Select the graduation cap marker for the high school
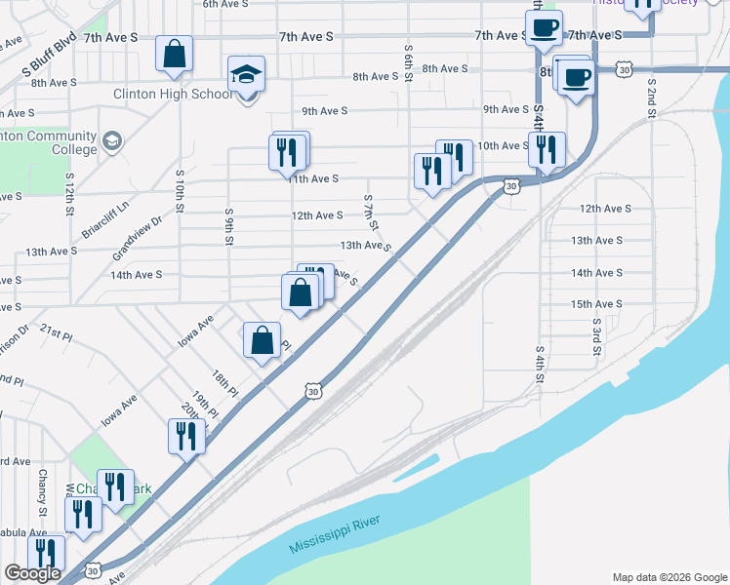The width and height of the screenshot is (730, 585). click(247, 74)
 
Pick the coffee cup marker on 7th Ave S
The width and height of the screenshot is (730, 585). click(544, 28)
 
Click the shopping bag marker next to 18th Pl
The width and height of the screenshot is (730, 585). click(262, 341)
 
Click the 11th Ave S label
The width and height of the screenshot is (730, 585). click(313, 179)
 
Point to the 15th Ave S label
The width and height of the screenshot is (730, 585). click(596, 304)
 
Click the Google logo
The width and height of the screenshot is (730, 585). click(32, 573)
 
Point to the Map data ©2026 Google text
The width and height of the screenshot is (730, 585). click(669, 577)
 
